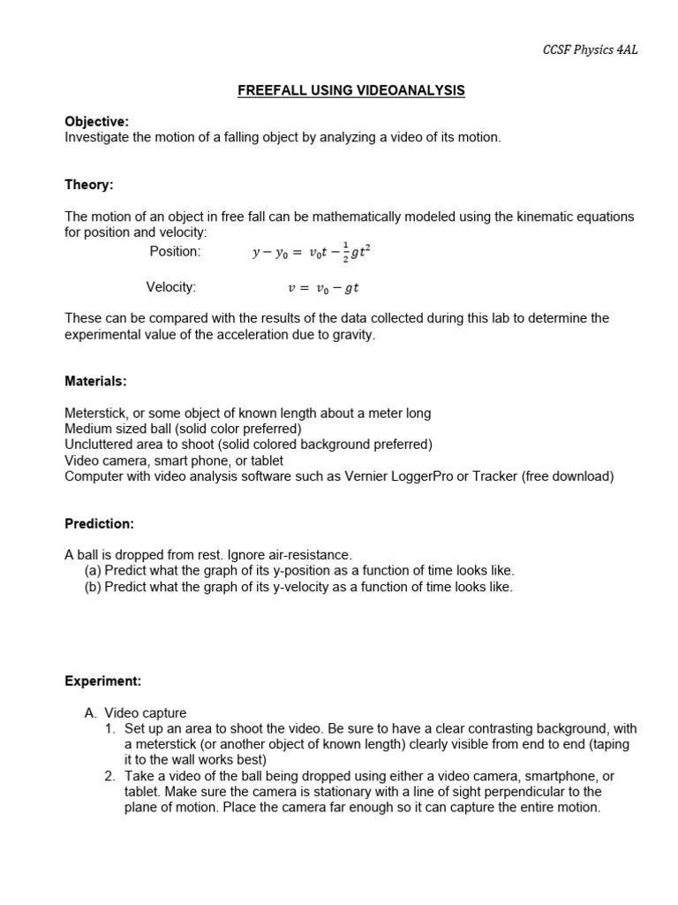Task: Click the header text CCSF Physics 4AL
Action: (x=589, y=50)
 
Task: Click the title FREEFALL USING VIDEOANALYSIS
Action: (x=350, y=90)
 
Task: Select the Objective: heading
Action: (x=96, y=121)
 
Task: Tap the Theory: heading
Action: (x=89, y=185)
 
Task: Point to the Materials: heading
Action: (x=95, y=381)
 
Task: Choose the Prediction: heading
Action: (x=99, y=523)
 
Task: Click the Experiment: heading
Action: (x=102, y=681)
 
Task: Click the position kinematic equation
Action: (x=312, y=253)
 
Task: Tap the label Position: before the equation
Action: (x=175, y=252)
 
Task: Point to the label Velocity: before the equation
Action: (x=170, y=286)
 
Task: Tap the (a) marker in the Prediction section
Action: (x=93, y=571)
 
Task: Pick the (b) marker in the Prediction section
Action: (x=93, y=587)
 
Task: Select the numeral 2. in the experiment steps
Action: (x=110, y=775)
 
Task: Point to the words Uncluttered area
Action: (x=112, y=445)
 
